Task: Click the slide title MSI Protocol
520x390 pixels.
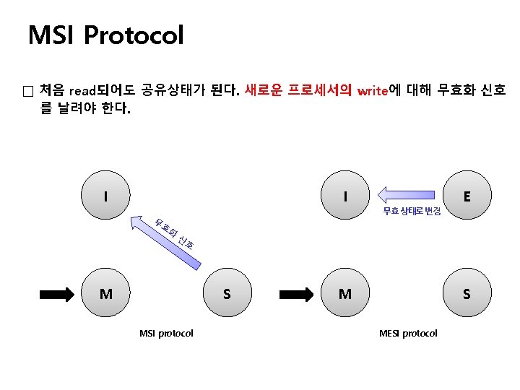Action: click(x=105, y=35)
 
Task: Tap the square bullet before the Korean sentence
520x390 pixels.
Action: click(x=27, y=92)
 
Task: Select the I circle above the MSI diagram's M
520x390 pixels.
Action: click(x=106, y=196)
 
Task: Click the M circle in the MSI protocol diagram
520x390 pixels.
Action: click(x=106, y=294)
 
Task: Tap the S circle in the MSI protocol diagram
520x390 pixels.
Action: click(x=227, y=294)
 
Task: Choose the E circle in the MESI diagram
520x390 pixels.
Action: click(x=468, y=196)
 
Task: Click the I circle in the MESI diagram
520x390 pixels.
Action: click(x=347, y=196)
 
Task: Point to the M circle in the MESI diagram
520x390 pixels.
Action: click(x=346, y=294)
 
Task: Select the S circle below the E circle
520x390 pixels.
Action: click(x=467, y=294)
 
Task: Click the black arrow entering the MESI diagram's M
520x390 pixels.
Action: click(x=297, y=294)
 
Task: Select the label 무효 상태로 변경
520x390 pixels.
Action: click(x=412, y=211)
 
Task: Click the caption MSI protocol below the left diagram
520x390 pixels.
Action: click(x=166, y=333)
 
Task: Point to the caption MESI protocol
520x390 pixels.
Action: click(x=408, y=333)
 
